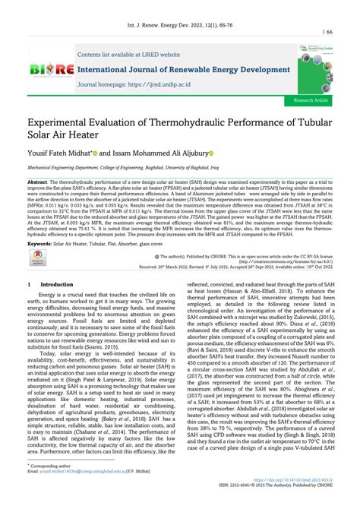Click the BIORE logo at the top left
click(51, 70)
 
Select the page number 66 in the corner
click(329, 32)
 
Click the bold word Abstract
click(38, 183)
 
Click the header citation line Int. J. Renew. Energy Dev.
click(180, 14)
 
